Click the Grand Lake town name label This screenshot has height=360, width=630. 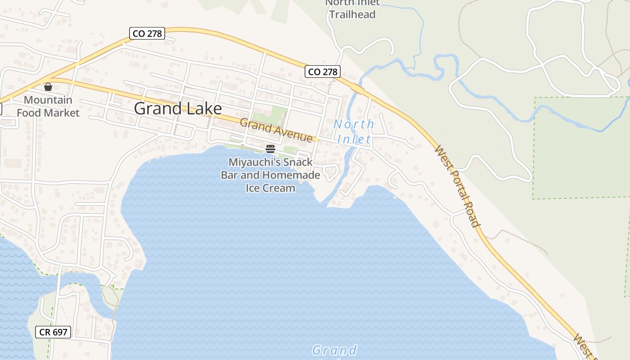point(178,108)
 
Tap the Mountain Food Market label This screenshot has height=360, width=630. point(48,106)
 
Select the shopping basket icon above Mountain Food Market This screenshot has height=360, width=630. point(48,86)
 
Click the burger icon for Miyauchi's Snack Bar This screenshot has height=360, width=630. point(270,148)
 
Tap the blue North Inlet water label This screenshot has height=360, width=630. point(354,131)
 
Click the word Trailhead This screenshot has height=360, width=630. point(352,14)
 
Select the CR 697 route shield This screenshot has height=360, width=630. point(54,333)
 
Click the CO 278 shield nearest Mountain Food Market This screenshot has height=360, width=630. point(147,33)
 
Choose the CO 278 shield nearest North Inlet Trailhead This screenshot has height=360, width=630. point(323,72)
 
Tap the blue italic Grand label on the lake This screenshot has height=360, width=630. point(334,350)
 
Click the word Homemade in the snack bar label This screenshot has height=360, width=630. point(291,175)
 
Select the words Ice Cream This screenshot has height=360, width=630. point(270,188)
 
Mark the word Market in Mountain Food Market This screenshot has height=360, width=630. point(63,112)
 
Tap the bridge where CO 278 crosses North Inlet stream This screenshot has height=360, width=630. point(358,89)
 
